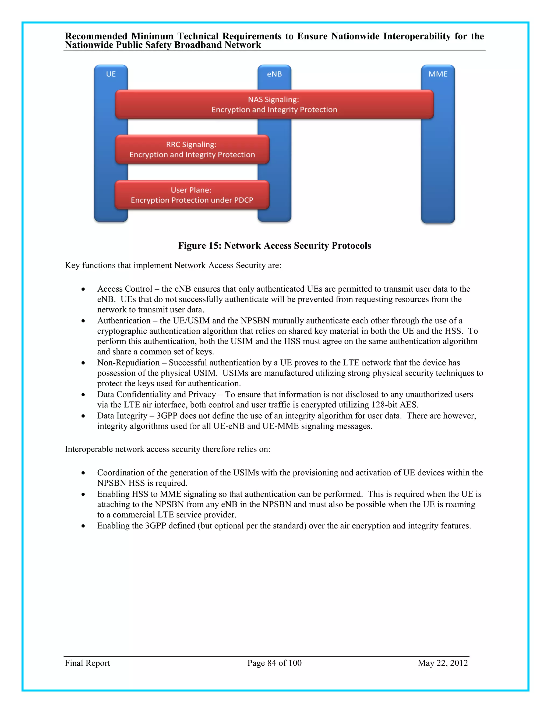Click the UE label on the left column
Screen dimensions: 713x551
tap(111, 74)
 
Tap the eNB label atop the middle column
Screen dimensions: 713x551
tap(274, 74)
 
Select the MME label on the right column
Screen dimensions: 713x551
tap(438, 74)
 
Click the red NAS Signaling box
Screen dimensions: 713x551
tap(274, 104)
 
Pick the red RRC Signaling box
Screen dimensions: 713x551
tap(192, 150)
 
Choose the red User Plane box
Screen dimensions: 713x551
tap(192, 195)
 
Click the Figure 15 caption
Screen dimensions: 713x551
tap(274, 245)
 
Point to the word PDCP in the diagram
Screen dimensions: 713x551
tap(243, 200)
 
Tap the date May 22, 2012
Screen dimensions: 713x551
tap(443, 663)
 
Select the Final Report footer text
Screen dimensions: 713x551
tap(87, 663)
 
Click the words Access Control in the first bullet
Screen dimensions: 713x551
tap(125, 289)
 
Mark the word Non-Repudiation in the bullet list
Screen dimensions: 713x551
tap(128, 363)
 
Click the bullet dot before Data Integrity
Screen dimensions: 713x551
tap(83, 416)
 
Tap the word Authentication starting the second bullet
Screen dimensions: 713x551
tap(124, 321)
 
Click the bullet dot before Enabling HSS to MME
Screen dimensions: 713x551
tap(83, 495)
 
